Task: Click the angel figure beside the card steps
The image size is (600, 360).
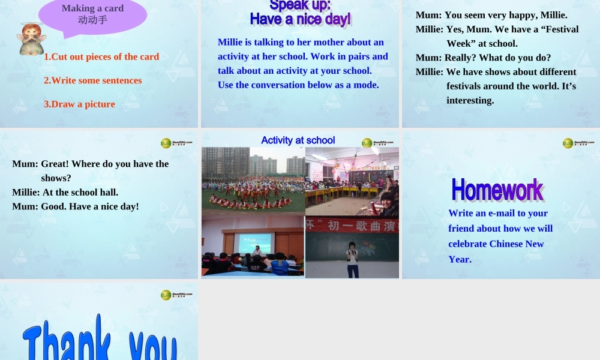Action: (31, 40)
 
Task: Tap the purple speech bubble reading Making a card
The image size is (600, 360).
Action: (92, 14)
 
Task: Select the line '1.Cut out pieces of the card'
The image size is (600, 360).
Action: (101, 57)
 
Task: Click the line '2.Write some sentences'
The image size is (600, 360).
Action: (93, 80)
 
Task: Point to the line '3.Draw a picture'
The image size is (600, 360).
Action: (79, 104)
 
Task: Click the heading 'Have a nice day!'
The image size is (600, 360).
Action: (300, 19)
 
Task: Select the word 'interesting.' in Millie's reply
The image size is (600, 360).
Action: (470, 100)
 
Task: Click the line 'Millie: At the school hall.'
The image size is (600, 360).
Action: (65, 192)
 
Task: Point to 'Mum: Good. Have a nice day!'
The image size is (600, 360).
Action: (76, 206)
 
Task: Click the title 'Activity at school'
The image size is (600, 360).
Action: (298, 140)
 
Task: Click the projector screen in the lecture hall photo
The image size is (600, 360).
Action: (254, 242)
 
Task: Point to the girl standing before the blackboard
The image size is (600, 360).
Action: (352, 259)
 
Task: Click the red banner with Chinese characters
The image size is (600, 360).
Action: (352, 226)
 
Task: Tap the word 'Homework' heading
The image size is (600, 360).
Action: (497, 190)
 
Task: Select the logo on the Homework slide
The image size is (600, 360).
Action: (578, 143)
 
